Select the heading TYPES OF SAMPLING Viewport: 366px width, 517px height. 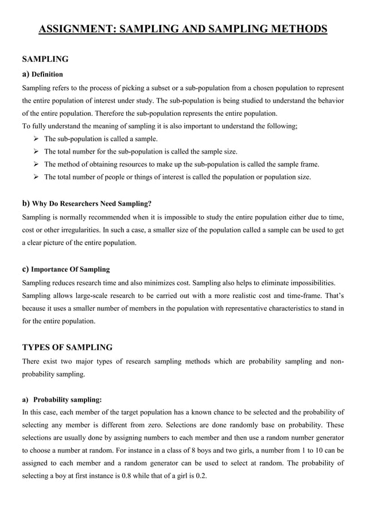(67, 347)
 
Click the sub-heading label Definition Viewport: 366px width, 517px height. (47, 75)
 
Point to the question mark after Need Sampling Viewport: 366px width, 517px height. (151, 203)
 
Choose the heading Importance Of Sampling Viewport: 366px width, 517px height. (70, 269)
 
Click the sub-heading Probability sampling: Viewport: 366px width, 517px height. (68, 400)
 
